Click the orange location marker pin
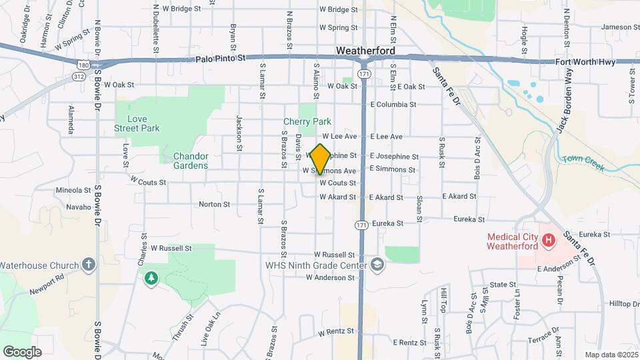coord(320,159)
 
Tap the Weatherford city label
coord(365,51)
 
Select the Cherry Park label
coord(307,121)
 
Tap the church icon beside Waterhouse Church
coord(89,265)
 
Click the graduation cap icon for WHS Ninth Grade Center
coord(378,265)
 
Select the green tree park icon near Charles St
coord(151,277)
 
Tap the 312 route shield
coord(78,77)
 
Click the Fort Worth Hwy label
coord(586,62)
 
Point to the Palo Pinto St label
coord(221,59)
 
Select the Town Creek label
coord(583,163)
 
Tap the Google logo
coord(22,351)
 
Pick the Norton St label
coord(214,205)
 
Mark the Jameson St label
coord(620,27)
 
